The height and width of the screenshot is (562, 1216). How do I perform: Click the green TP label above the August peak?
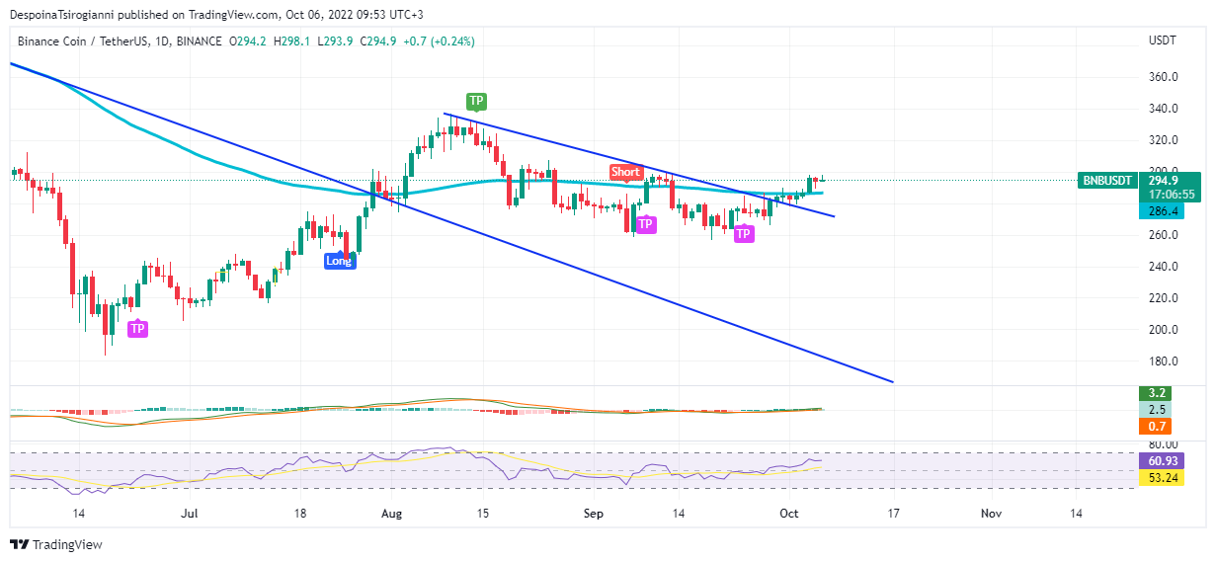coord(476,101)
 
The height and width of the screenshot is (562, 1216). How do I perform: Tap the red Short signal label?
coord(625,172)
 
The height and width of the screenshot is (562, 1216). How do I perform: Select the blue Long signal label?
coord(339,261)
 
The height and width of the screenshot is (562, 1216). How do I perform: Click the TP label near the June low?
coord(137,328)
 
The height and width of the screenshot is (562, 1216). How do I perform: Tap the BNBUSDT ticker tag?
coord(1107,181)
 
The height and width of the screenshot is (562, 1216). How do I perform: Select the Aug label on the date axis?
coord(392,514)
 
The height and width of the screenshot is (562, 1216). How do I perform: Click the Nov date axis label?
coord(992,514)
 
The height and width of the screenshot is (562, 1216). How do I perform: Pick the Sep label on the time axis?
coord(594,514)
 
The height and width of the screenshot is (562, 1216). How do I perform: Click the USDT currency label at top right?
coord(1162,40)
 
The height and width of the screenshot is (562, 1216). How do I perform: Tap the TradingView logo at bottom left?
coord(56,544)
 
